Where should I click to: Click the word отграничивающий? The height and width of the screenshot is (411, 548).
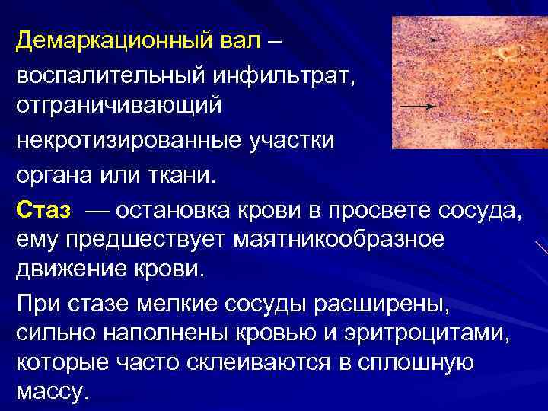click(x=119, y=104)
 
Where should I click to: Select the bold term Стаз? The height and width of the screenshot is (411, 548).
click(x=43, y=209)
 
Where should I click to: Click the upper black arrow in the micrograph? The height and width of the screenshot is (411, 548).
click(x=423, y=39)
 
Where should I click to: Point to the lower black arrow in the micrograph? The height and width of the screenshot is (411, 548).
click(x=423, y=104)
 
